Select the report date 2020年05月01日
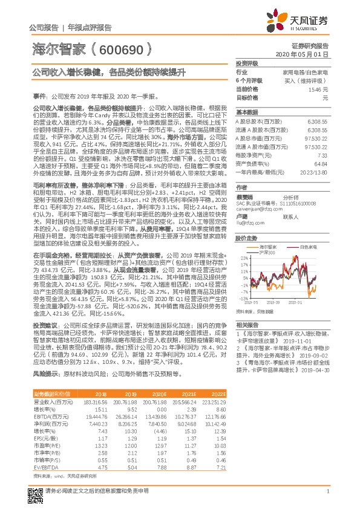coord(312,54)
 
